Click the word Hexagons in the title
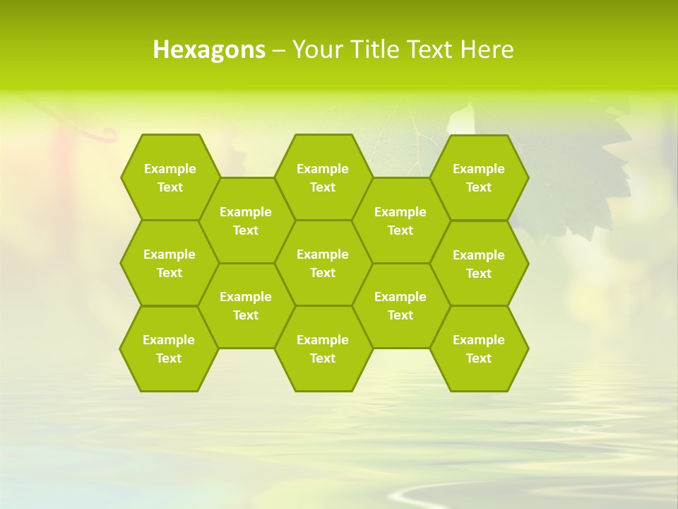pyautogui.click(x=209, y=49)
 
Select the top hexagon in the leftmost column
pyautogui.click(x=169, y=177)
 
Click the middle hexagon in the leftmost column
pyautogui.click(x=169, y=263)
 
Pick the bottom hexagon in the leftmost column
pyautogui.click(x=169, y=349)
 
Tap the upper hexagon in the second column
pyautogui.click(x=246, y=221)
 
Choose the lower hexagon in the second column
pyautogui.click(x=246, y=305)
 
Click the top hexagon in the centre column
pyautogui.click(x=323, y=177)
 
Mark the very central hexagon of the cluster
pyautogui.click(x=323, y=263)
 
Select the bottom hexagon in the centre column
pyautogui.click(x=323, y=349)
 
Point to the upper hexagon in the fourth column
pyautogui.click(x=400, y=221)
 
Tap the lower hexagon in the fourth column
pyautogui.click(x=400, y=305)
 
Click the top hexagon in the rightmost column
pyautogui.click(x=479, y=177)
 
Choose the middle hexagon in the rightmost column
pyautogui.click(x=479, y=264)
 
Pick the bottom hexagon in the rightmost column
pyautogui.click(x=479, y=349)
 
